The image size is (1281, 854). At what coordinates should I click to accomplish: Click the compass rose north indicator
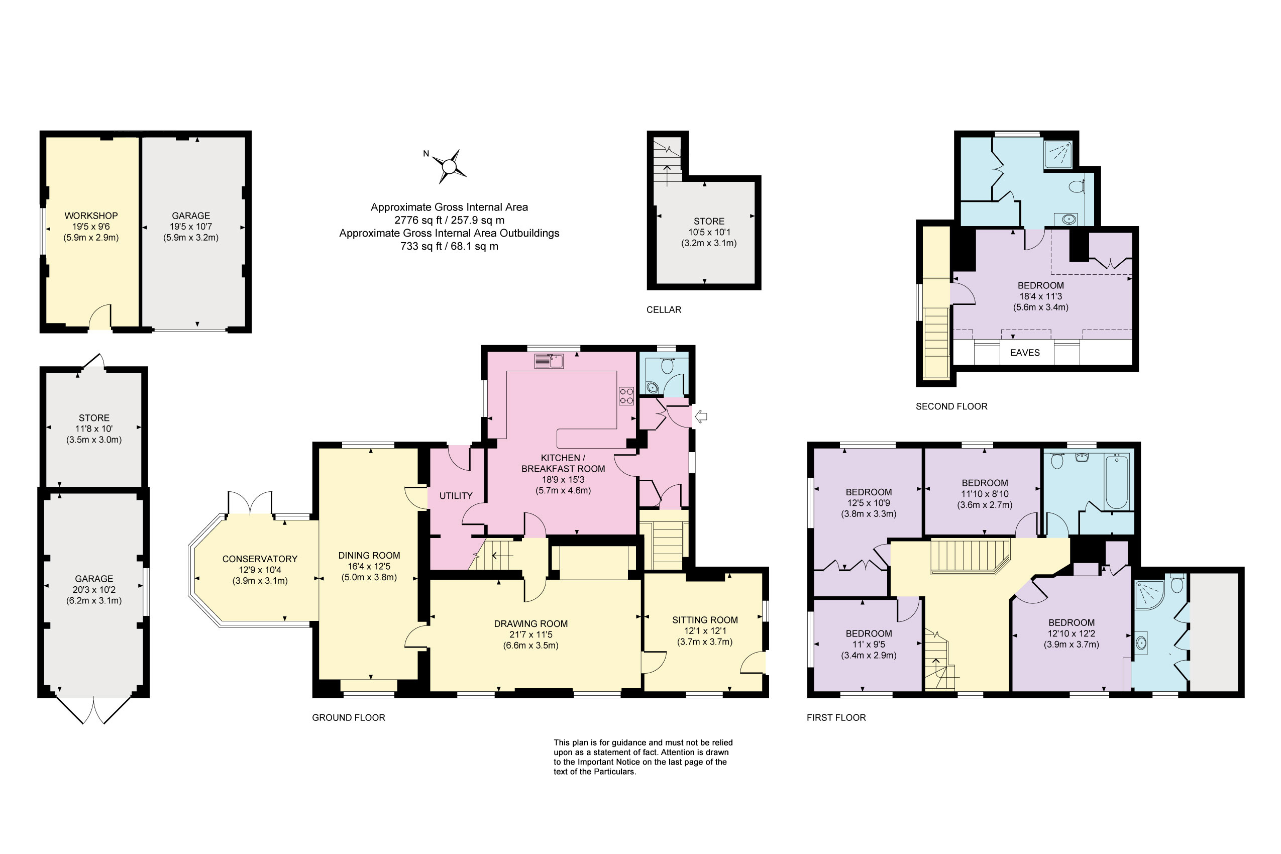click(x=426, y=154)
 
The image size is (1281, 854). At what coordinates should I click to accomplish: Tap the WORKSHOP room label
click(x=91, y=216)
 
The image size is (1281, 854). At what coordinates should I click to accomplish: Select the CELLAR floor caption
click(x=664, y=309)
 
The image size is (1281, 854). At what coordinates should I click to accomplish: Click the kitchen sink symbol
click(x=549, y=361)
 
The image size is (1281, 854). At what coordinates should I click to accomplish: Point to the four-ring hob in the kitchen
click(x=626, y=396)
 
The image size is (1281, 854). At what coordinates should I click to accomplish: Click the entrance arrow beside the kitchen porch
click(x=701, y=417)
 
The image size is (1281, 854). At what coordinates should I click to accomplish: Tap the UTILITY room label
click(x=455, y=496)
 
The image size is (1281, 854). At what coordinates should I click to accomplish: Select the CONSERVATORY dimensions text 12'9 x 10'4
click(x=260, y=570)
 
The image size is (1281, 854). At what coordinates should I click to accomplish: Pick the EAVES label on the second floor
click(x=1024, y=352)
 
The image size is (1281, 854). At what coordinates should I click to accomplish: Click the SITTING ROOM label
click(x=705, y=620)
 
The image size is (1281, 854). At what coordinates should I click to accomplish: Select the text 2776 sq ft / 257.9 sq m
click(x=449, y=220)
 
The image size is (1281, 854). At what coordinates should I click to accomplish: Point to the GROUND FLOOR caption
click(x=348, y=717)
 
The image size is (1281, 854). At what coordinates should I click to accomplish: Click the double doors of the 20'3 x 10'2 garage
click(x=93, y=710)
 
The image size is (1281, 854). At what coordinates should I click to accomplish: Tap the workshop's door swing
click(x=100, y=317)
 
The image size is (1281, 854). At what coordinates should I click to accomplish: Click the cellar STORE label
click(x=709, y=221)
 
